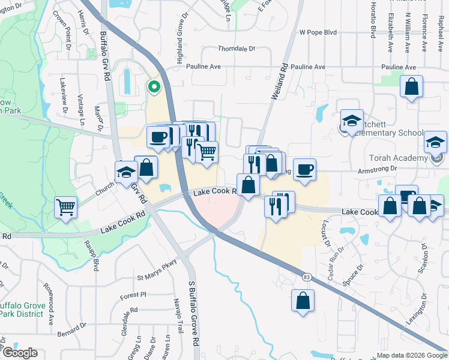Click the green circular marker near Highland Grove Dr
click(154, 87)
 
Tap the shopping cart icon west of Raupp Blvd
click(66, 207)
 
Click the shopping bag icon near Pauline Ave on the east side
click(412, 87)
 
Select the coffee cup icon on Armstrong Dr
click(304, 169)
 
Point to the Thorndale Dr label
click(237, 49)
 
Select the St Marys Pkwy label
click(158, 277)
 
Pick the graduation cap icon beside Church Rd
click(126, 173)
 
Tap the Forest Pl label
click(133, 295)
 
